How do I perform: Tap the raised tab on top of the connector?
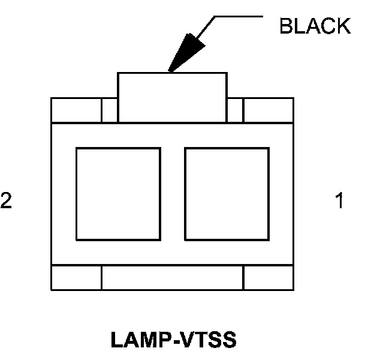point(172,97)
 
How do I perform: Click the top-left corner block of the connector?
point(76,110)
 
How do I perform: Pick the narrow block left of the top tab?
point(110,110)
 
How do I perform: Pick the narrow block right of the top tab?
point(235,110)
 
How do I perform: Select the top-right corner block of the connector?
point(268,110)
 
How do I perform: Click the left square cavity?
point(118,193)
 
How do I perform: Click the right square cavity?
point(227,193)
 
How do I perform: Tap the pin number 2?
point(6,201)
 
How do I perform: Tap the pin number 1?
point(339,201)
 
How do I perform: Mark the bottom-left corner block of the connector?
point(76,277)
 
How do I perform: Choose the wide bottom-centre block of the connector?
point(172,277)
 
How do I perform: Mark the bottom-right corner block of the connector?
point(268,277)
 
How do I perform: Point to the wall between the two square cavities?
point(173,193)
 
